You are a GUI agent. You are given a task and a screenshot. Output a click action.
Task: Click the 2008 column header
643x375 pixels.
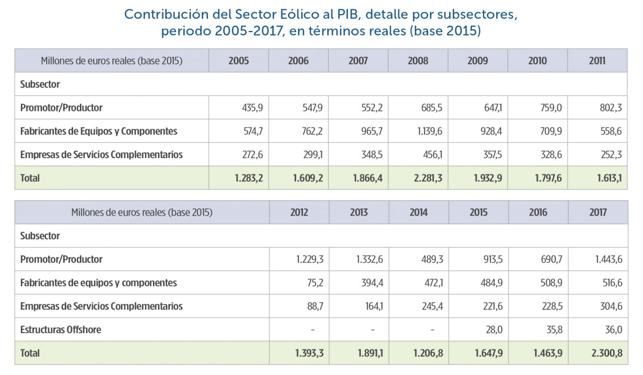418,61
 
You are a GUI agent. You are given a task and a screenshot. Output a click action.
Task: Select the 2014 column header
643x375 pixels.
418,213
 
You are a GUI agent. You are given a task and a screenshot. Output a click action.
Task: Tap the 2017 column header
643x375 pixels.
598,213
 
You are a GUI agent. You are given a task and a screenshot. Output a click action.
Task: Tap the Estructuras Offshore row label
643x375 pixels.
61,330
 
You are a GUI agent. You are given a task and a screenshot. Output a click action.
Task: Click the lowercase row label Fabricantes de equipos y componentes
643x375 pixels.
98,283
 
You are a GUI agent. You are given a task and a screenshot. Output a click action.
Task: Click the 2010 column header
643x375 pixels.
537,61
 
